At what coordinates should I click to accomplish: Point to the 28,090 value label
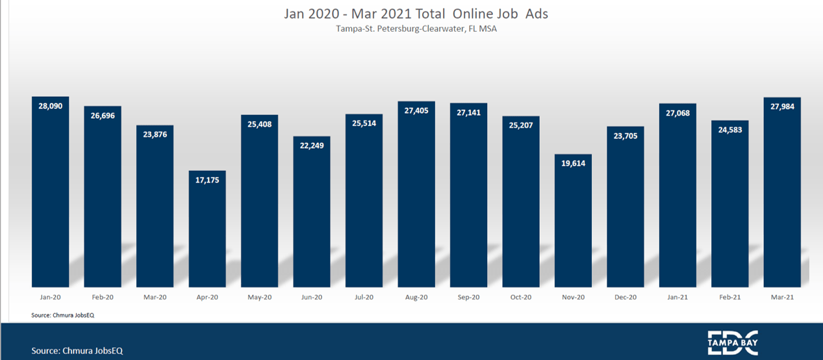coord(51,106)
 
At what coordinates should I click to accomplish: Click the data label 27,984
coord(782,107)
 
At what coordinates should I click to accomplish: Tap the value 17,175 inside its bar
coord(207,180)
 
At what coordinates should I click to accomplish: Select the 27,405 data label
coord(416,111)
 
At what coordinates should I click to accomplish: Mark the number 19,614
coord(573,164)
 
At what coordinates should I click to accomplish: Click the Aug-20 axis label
coord(416,297)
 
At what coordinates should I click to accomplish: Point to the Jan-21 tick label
coord(677,297)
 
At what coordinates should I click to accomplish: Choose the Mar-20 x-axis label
coord(155,297)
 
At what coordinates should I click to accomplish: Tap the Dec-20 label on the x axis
coord(625,297)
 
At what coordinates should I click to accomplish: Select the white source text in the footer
coord(77,350)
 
